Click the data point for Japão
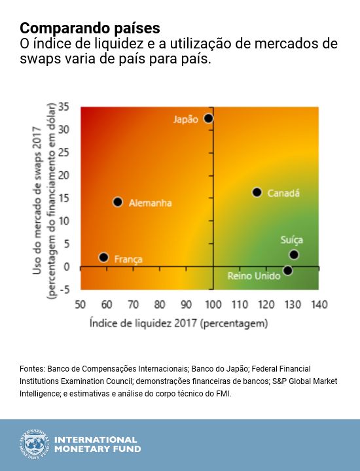point(208,118)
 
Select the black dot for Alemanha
point(118,202)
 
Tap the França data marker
point(103,258)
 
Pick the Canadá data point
point(257,192)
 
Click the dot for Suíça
point(294,254)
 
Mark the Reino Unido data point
point(287,270)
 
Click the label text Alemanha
point(151,203)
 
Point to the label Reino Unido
point(254,276)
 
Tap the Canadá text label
point(284,193)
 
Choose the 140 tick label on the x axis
point(319,305)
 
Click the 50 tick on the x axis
point(81,305)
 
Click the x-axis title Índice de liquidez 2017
point(179,323)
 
